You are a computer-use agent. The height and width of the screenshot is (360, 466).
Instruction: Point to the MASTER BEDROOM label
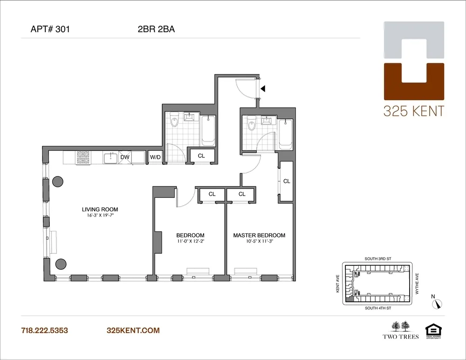pyautogui.click(x=259, y=235)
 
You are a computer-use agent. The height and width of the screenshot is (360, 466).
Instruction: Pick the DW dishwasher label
pyautogui.click(x=125, y=157)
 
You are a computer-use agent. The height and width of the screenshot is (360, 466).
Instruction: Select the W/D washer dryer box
pyautogui.click(x=155, y=157)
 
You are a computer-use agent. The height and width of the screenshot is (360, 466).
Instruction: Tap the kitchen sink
pyautogui.click(x=110, y=158)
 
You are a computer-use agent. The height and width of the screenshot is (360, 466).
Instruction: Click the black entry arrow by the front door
pyautogui.click(x=263, y=88)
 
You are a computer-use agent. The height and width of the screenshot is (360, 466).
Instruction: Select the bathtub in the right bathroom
pyautogui.click(x=285, y=135)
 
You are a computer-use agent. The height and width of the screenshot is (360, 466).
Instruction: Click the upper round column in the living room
pyautogui.click(x=58, y=181)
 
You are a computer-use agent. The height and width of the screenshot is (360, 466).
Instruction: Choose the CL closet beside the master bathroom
pyautogui.click(x=287, y=181)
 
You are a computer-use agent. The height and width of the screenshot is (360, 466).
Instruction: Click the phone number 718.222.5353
pyautogui.click(x=45, y=330)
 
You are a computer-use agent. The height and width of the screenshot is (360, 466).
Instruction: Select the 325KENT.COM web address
pyautogui.click(x=133, y=330)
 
